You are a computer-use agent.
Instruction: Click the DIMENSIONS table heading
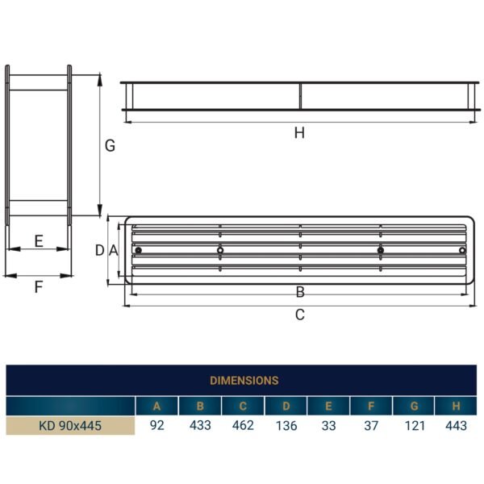click(244, 380)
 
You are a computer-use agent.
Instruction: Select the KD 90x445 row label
click(70, 426)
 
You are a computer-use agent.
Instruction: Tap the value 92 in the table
click(156, 426)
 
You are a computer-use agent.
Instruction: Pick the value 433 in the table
click(199, 426)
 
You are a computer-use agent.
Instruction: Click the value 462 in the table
click(242, 426)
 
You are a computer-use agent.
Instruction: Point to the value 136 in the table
click(285, 426)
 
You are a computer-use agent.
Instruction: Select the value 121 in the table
click(413, 426)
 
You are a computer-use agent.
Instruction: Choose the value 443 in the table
click(456, 426)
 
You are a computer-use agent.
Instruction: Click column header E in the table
click(328, 406)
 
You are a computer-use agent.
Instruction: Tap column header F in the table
click(370, 406)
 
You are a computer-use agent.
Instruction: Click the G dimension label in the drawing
click(110, 146)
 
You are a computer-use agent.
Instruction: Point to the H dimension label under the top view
click(299, 133)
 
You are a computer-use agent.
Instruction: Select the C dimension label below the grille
click(299, 315)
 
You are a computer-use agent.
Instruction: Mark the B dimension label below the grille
click(299, 292)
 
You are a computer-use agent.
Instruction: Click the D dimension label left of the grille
click(100, 250)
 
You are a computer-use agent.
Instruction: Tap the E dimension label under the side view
click(38, 240)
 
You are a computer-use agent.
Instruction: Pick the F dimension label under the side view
click(38, 286)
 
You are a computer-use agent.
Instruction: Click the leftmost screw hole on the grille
click(139, 250)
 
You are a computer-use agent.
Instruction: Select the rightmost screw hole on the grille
click(461, 250)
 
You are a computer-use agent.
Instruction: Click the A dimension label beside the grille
click(114, 250)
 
